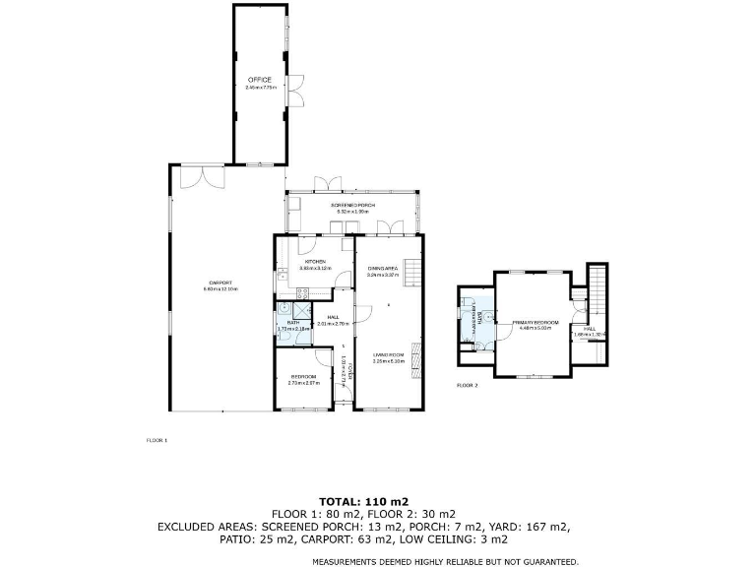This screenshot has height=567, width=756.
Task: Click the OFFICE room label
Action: pyautogui.click(x=259, y=80)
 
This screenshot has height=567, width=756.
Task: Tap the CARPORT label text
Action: pyautogui.click(x=220, y=283)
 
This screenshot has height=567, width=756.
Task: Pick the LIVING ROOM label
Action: pyautogui.click(x=388, y=355)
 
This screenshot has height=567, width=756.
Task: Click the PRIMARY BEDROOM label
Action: pyautogui.click(x=535, y=322)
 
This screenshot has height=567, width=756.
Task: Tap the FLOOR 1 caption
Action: pyautogui.click(x=157, y=440)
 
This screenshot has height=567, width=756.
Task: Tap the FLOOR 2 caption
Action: pyautogui.click(x=467, y=385)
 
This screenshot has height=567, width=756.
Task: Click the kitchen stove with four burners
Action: pyautogui.click(x=303, y=291)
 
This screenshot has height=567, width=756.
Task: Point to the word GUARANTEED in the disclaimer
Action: pyautogui.click(x=543, y=561)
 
